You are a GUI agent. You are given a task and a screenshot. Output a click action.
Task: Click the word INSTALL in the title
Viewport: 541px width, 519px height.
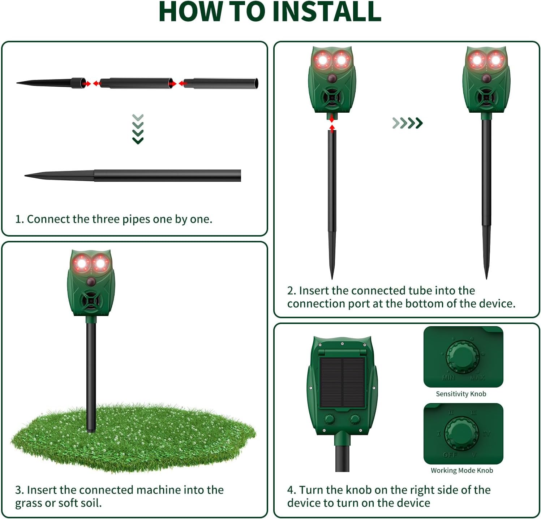(x=330, y=12)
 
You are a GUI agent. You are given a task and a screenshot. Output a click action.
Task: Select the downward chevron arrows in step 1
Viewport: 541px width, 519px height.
(x=138, y=129)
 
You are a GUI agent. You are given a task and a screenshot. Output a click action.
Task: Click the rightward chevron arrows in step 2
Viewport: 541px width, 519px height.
(x=407, y=123)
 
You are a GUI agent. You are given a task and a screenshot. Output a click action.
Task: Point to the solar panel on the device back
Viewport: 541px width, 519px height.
(x=342, y=382)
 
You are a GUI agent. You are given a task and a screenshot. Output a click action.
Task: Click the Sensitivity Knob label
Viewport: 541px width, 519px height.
(x=461, y=394)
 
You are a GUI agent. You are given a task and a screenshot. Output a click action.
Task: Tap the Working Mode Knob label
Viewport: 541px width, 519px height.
(x=461, y=470)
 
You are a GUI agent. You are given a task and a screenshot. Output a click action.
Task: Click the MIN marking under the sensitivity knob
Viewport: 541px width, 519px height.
(x=448, y=377)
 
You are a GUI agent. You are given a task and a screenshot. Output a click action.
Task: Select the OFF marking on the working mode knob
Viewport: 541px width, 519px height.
(x=450, y=455)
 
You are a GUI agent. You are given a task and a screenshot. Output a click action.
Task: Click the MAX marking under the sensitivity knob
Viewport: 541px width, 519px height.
(x=477, y=377)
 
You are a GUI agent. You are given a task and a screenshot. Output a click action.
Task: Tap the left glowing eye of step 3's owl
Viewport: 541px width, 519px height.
(x=82, y=264)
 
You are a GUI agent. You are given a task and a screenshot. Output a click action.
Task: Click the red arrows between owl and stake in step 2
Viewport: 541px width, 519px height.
(x=332, y=123)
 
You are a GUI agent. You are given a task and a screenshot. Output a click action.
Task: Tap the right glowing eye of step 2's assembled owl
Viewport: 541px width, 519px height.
(x=495, y=60)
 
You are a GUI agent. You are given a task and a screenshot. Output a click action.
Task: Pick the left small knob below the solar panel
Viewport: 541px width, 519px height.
(x=329, y=419)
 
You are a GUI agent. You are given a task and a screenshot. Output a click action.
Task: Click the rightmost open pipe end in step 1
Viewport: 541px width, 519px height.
(x=256, y=83)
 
